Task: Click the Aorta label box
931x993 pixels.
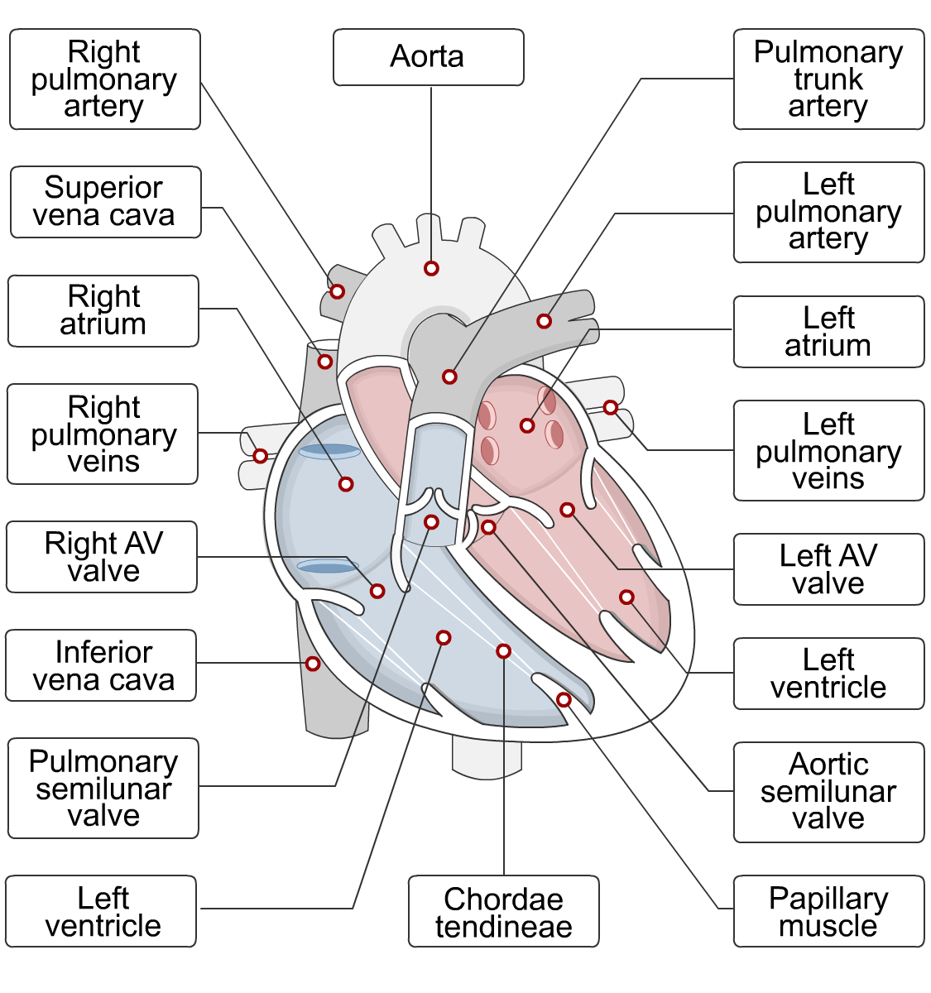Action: point(428,57)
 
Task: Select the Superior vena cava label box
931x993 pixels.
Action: point(105,202)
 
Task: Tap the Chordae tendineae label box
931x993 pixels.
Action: point(503,911)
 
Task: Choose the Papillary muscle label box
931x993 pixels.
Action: point(828,911)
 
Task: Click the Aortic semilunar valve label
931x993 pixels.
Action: point(828,792)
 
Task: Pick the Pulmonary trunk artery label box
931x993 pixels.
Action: point(828,79)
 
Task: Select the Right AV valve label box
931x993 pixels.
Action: point(102,557)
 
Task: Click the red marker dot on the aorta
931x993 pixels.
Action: point(431,268)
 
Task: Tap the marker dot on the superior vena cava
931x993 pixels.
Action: point(325,362)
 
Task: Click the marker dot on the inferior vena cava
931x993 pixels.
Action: point(313,664)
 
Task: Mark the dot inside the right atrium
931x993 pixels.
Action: point(346,484)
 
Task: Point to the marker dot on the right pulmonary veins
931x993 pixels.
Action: point(260,456)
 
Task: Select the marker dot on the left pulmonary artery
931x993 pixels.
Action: point(544,321)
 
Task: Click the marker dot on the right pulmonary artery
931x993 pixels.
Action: point(337,291)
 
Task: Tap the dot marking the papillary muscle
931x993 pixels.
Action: point(564,700)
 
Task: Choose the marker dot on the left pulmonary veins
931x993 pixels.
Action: point(610,407)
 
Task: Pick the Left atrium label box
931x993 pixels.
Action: point(828,332)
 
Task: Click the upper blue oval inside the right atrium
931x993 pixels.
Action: point(329,452)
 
